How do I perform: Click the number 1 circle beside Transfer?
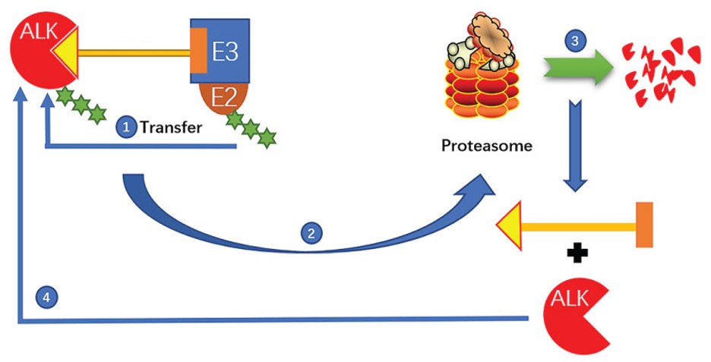(126, 127)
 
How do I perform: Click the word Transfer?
(172, 127)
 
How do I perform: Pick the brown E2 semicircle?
(222, 97)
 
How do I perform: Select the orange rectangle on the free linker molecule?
(644, 225)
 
